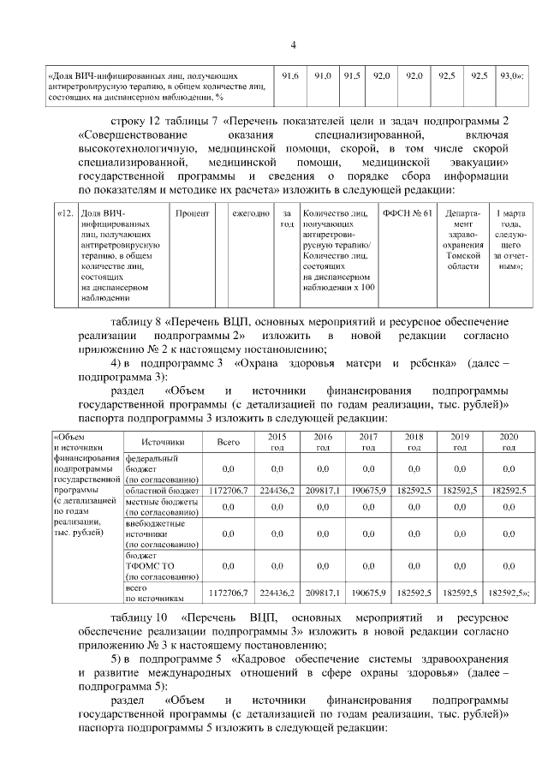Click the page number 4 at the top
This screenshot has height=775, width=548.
click(293, 45)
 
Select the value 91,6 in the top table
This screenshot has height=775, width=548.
click(290, 77)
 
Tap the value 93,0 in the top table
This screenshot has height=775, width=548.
click(511, 77)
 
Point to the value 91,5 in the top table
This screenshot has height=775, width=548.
click(351, 77)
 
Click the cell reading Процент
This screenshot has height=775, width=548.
click(193, 212)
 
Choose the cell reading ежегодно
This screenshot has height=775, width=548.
click(251, 212)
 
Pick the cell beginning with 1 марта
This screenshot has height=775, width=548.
click(510, 239)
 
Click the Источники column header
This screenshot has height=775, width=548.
click(163, 442)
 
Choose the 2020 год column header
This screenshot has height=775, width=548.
click(509, 442)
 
